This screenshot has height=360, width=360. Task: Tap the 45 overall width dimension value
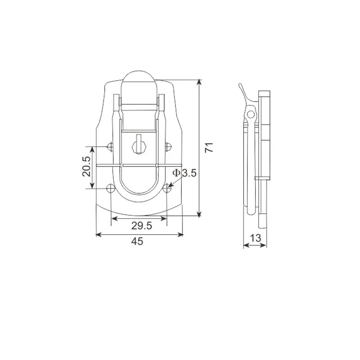[x=137, y=241]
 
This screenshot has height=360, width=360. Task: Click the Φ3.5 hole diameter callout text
[x=184, y=173]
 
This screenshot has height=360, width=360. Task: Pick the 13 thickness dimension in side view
[x=256, y=238]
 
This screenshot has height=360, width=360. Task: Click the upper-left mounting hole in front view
[x=110, y=146]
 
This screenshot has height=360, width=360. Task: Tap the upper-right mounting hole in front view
[x=169, y=146]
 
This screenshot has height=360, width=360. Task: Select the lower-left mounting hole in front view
[x=110, y=188]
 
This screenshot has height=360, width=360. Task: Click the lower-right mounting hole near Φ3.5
[x=167, y=188]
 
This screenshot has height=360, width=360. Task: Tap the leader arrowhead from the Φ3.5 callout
[x=171, y=185]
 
